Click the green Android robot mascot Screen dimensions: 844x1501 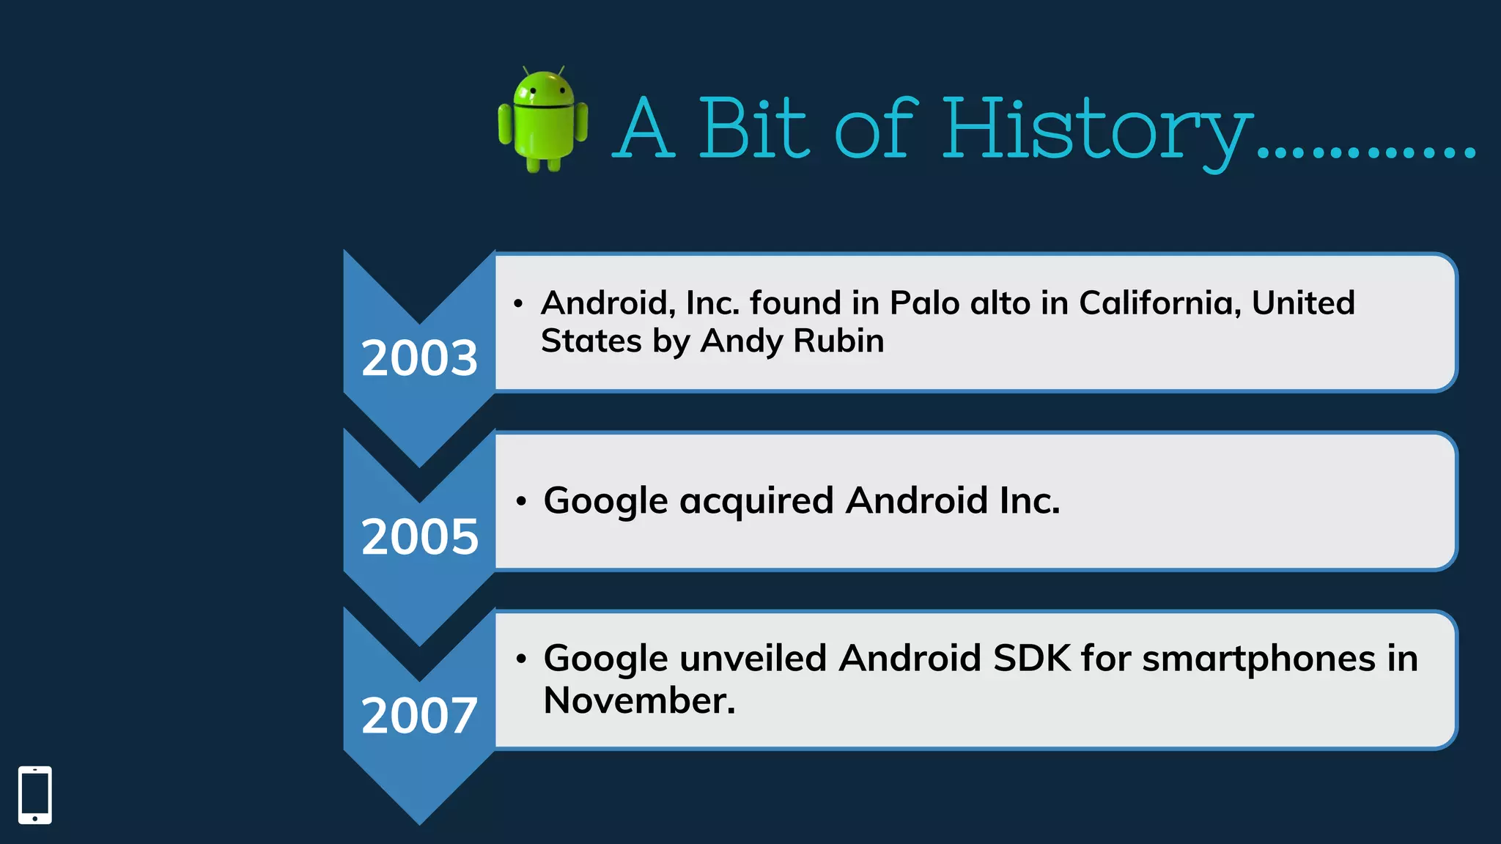pyautogui.click(x=542, y=120)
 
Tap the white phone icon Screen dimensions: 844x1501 pyautogui.click(x=35, y=795)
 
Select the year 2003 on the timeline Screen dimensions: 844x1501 pyautogui.click(x=419, y=358)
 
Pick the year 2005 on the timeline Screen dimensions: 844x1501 pyautogui.click(x=419, y=536)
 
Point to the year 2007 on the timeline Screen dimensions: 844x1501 pyautogui.click(x=419, y=715)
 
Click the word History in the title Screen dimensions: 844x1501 pyautogui.click(x=1096, y=130)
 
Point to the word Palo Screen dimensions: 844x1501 pyautogui.click(x=924, y=303)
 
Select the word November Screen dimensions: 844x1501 pyautogui.click(x=638, y=700)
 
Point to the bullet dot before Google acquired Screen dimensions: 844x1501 pyautogui.click(x=521, y=502)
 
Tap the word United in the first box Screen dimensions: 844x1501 pyautogui.click(x=1302, y=303)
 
